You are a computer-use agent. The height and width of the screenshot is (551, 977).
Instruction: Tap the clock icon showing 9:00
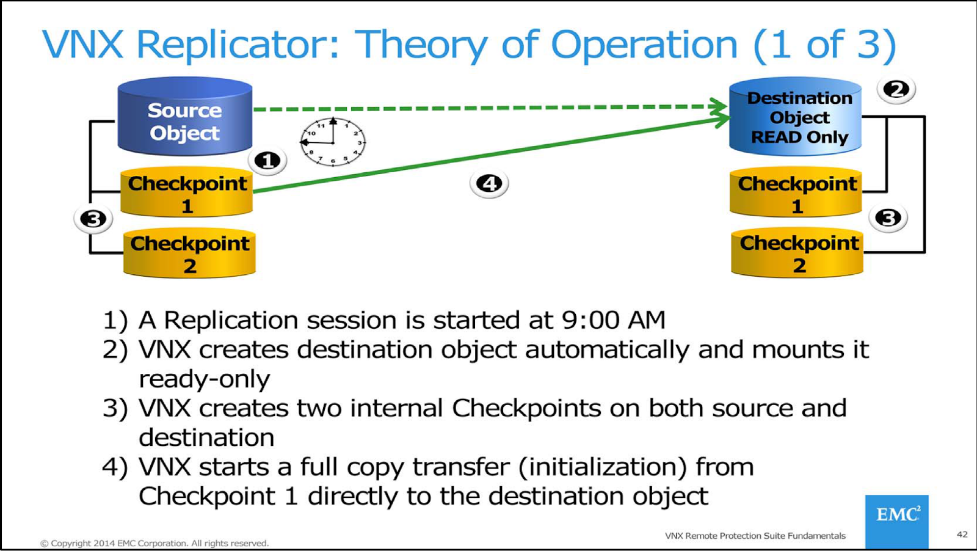click(333, 142)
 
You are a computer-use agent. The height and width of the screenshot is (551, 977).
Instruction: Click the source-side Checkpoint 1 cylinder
click(187, 192)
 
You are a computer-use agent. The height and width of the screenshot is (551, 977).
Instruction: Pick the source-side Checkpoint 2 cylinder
click(189, 253)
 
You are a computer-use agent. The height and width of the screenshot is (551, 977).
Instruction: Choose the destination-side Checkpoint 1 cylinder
click(796, 193)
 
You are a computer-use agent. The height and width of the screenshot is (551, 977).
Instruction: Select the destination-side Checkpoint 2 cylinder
click(797, 253)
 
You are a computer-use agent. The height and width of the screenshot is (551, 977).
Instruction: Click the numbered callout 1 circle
click(267, 161)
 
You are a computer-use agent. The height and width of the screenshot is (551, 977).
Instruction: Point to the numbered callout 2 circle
click(896, 90)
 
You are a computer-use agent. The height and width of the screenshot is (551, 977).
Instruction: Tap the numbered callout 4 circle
click(489, 183)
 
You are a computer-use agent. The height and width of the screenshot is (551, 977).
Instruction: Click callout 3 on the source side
click(93, 219)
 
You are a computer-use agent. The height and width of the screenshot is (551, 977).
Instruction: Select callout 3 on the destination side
click(888, 218)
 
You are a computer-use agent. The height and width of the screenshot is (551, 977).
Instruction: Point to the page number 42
click(962, 535)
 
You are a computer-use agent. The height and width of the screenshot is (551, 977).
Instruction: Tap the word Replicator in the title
click(238, 45)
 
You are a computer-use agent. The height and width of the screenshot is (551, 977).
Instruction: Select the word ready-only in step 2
click(204, 379)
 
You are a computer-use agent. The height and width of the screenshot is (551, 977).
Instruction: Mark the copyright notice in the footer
click(154, 543)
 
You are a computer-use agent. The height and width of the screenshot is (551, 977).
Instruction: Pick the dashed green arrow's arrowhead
click(721, 106)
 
